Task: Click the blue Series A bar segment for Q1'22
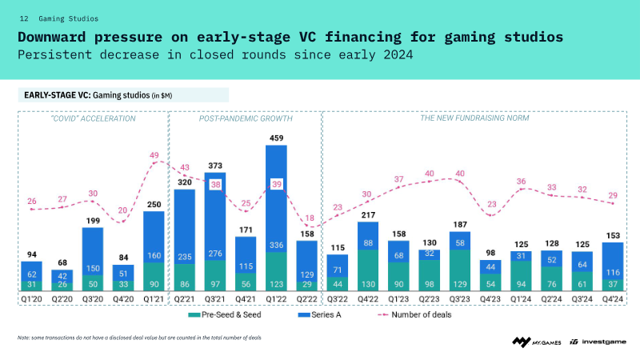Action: click(x=276, y=200)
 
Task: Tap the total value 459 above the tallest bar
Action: click(x=276, y=138)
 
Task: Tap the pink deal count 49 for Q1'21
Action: click(x=154, y=155)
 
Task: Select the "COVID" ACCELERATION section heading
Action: click(x=93, y=118)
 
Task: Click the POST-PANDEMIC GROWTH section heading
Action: click(x=246, y=118)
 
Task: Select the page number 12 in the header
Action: click(x=24, y=17)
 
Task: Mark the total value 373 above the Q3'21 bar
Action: click(x=215, y=166)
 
